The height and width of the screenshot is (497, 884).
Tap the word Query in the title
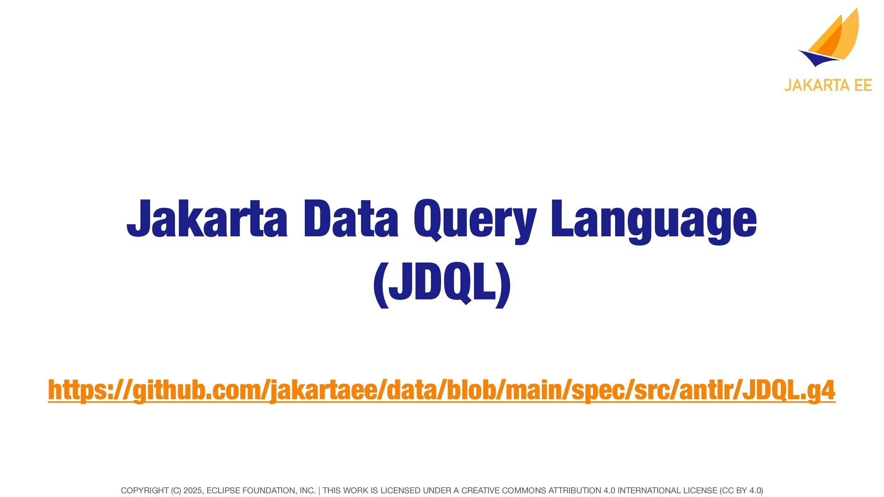[x=475, y=221]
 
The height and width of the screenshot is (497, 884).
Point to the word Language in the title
[x=654, y=221]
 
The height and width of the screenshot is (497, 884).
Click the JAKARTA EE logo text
[x=828, y=85]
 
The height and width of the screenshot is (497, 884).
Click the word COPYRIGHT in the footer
[x=145, y=491]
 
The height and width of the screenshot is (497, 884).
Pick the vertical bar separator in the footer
[x=319, y=491]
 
